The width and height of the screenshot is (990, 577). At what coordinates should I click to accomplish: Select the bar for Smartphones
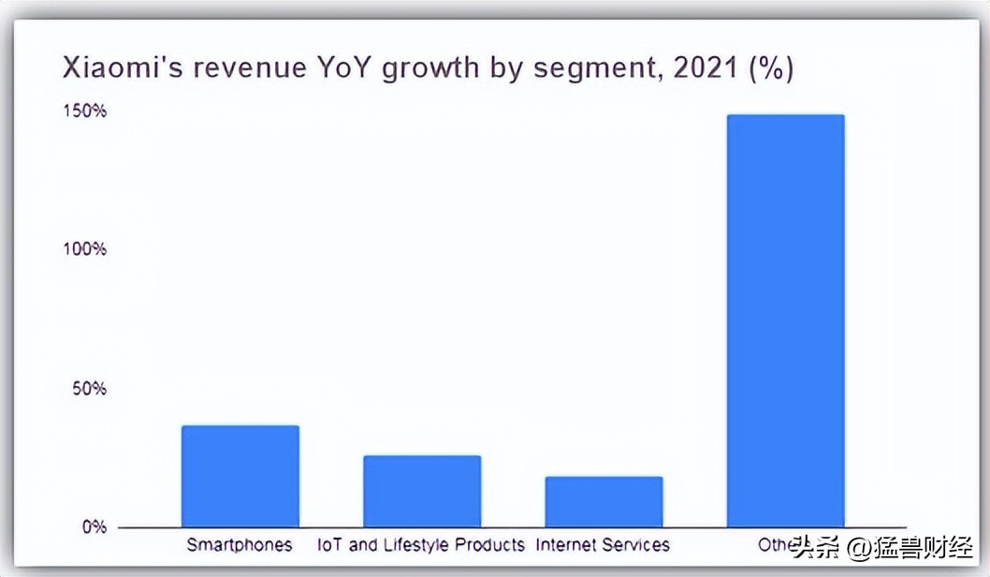(x=240, y=476)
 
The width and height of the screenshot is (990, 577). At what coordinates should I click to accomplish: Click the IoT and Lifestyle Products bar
(x=422, y=491)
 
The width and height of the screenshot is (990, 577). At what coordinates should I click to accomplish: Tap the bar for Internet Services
(x=604, y=501)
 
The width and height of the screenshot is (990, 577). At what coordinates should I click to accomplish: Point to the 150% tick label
(x=86, y=111)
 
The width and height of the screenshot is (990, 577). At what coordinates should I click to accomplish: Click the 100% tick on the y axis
(x=86, y=249)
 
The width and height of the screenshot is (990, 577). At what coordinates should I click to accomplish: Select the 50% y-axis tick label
(x=90, y=388)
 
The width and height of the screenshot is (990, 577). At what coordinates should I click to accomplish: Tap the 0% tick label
(x=94, y=526)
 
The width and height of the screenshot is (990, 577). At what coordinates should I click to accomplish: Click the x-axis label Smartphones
(x=240, y=545)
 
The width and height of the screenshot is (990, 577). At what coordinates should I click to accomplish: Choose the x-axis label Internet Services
(x=603, y=545)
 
